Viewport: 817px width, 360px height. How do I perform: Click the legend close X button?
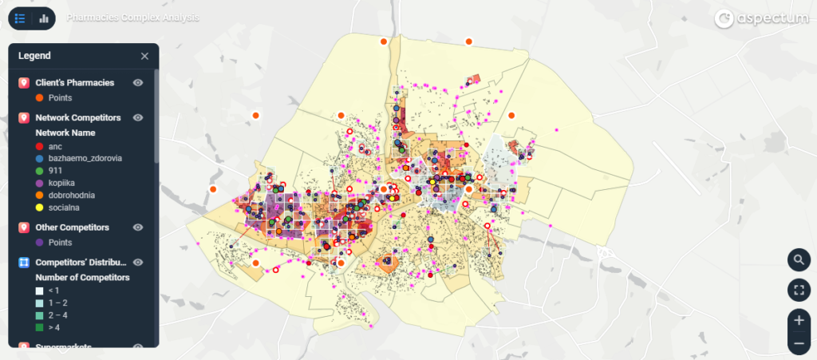click(144, 56)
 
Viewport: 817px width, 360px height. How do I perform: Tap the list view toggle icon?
click(20, 18)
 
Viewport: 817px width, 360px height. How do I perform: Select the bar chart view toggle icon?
click(44, 18)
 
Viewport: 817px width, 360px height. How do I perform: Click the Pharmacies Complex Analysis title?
click(133, 17)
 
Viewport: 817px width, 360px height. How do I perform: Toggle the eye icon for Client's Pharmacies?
click(138, 82)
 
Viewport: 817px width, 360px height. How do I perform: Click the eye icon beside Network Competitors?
click(138, 117)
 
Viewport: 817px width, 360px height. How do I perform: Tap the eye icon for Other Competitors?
click(138, 227)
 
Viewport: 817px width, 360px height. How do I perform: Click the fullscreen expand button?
click(799, 290)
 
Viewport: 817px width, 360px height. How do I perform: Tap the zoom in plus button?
click(799, 319)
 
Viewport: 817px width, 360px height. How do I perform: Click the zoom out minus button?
click(799, 344)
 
